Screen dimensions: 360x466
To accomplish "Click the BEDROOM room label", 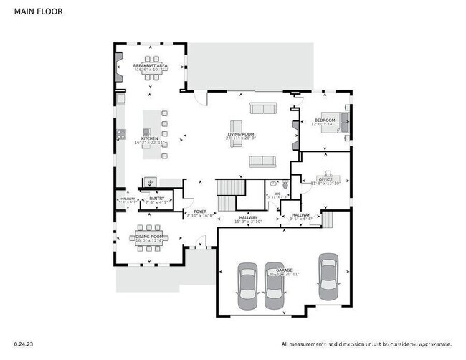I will tap(325, 120).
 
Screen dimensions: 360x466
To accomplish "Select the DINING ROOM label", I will tap(151, 237).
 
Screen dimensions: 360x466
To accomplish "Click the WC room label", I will tap(277, 194).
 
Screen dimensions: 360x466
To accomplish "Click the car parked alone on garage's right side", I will tap(328, 278).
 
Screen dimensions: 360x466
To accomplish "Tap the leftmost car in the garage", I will tap(247, 285).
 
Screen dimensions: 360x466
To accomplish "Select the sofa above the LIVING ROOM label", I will tap(262, 108).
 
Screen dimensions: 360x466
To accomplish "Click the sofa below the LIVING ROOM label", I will tap(262, 161).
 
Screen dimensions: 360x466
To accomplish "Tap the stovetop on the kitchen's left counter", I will tap(121, 133).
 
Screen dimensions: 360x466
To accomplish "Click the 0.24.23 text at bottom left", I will tap(23, 344).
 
